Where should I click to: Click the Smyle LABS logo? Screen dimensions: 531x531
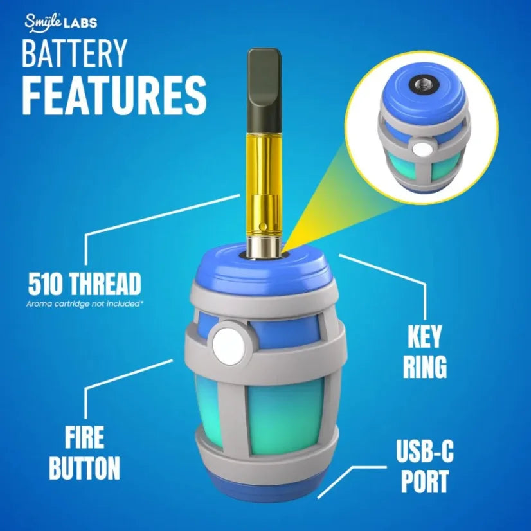click(61, 23)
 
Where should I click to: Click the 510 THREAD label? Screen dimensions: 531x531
click(84, 283)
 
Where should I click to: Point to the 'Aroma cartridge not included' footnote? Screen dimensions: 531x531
click(84, 302)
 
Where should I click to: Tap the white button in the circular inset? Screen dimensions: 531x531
click(421, 150)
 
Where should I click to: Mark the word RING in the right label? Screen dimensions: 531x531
click(425, 366)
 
